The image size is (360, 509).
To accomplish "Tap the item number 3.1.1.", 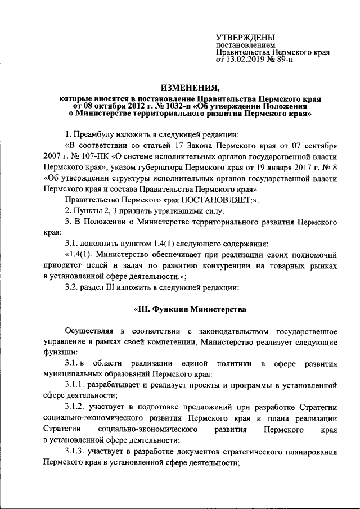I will (77, 385).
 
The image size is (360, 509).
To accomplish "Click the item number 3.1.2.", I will (77, 407).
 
